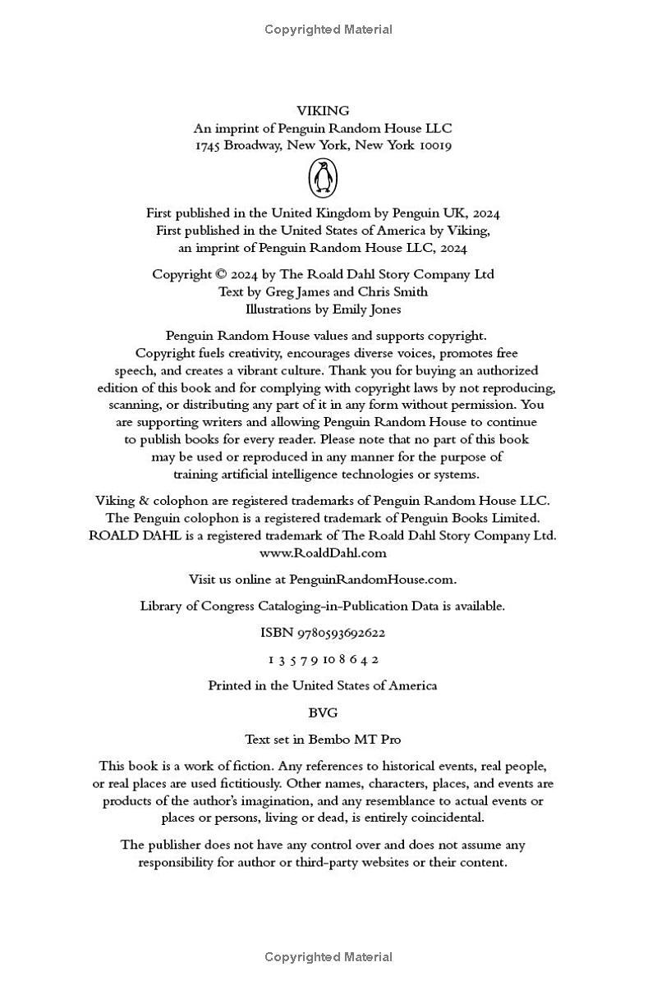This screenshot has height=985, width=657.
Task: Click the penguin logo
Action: click(323, 177)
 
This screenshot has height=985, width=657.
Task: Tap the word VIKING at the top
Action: click(323, 111)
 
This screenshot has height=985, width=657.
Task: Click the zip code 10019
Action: click(435, 145)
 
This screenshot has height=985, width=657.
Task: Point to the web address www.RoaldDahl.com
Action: click(323, 552)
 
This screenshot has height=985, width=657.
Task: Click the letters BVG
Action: click(323, 712)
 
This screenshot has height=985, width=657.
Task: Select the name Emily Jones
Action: click(366, 309)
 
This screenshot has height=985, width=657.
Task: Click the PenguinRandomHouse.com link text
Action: click(372, 580)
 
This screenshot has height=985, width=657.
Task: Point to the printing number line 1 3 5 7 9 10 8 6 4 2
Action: click(323, 659)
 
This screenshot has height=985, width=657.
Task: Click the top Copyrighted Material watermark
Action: click(328, 30)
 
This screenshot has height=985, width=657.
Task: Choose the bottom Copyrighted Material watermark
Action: click(328, 957)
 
